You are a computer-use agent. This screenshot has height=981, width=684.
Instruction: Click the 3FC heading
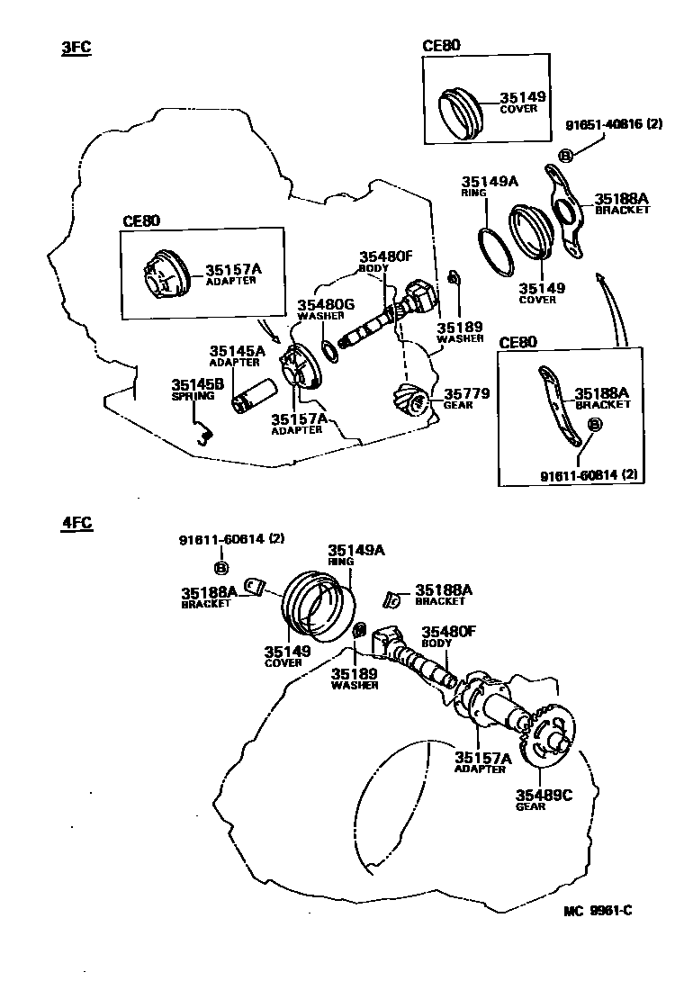tap(76, 48)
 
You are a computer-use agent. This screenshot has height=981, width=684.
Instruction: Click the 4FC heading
tap(76, 523)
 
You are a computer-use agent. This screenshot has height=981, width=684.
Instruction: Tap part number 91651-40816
tap(614, 125)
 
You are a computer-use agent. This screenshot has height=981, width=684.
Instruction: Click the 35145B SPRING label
tap(193, 389)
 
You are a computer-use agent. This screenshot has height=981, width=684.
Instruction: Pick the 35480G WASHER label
tap(326, 310)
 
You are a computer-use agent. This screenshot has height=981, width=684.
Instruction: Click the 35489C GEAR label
tap(544, 799)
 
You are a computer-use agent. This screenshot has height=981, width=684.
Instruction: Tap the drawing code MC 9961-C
tap(598, 910)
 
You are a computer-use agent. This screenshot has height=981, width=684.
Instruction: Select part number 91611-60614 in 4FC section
tap(231, 540)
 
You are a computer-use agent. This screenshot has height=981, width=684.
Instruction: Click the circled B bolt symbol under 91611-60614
tap(220, 567)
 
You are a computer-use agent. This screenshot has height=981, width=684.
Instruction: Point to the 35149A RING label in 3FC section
tap(490, 185)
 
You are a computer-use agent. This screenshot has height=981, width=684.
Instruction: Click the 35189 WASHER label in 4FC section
tap(355, 677)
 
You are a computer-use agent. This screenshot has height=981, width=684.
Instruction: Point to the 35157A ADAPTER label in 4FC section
tap(481, 763)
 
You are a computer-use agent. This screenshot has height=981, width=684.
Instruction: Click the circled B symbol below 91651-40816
tap(566, 156)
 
